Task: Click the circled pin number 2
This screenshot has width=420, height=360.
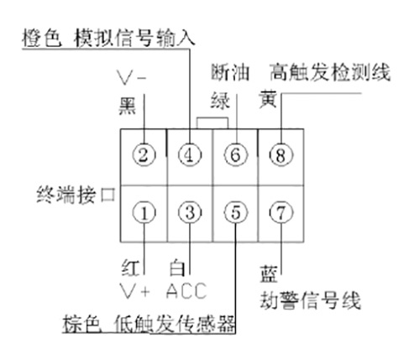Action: coord(144,154)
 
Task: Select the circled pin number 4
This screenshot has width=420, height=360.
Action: coord(190,154)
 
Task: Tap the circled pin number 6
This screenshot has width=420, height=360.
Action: coord(236,154)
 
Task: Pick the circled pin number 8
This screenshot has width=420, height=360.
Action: coord(281,154)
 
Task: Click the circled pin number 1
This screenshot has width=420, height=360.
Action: coord(144,212)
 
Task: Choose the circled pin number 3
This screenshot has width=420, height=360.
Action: coord(190,212)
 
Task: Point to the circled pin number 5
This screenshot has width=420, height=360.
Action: coord(236,212)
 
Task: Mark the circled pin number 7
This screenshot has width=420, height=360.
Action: coord(281,212)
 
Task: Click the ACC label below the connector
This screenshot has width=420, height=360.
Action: coord(186,291)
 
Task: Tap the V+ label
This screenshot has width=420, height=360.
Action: coord(134,291)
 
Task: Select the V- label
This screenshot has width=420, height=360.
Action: coord(132,77)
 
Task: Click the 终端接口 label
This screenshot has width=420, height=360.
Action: coord(76,195)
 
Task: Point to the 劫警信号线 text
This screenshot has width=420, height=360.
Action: coord(310,300)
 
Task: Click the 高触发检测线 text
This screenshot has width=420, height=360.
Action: coord(330,72)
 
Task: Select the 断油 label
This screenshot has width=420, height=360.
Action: coord(230,72)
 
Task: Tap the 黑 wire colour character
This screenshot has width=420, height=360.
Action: coord(128,106)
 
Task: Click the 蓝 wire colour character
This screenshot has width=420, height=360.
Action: coord(269,274)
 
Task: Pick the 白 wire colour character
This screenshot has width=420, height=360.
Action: coord(177,268)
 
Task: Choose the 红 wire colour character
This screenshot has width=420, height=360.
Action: coord(130,268)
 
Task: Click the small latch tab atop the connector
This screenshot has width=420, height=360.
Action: coord(213,118)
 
